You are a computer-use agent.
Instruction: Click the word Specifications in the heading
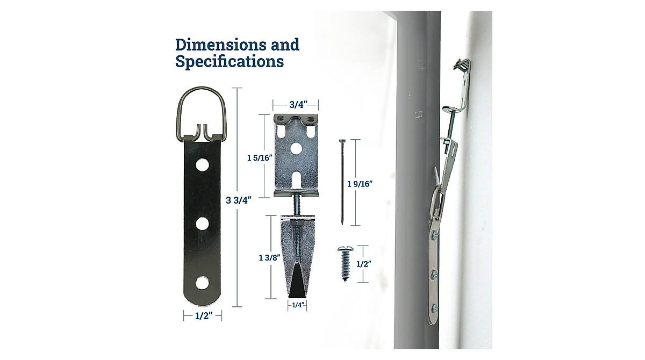point(230,61)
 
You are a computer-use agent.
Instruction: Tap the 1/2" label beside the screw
point(364,264)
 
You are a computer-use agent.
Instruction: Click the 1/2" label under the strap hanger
point(202,317)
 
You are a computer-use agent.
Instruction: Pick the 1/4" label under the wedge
point(298,305)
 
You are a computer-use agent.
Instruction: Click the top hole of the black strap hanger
point(202,164)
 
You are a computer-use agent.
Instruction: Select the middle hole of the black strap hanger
point(202,223)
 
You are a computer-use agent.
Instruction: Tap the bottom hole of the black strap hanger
point(202,282)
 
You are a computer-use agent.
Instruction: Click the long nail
point(342,183)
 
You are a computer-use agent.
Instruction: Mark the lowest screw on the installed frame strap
point(435,308)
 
